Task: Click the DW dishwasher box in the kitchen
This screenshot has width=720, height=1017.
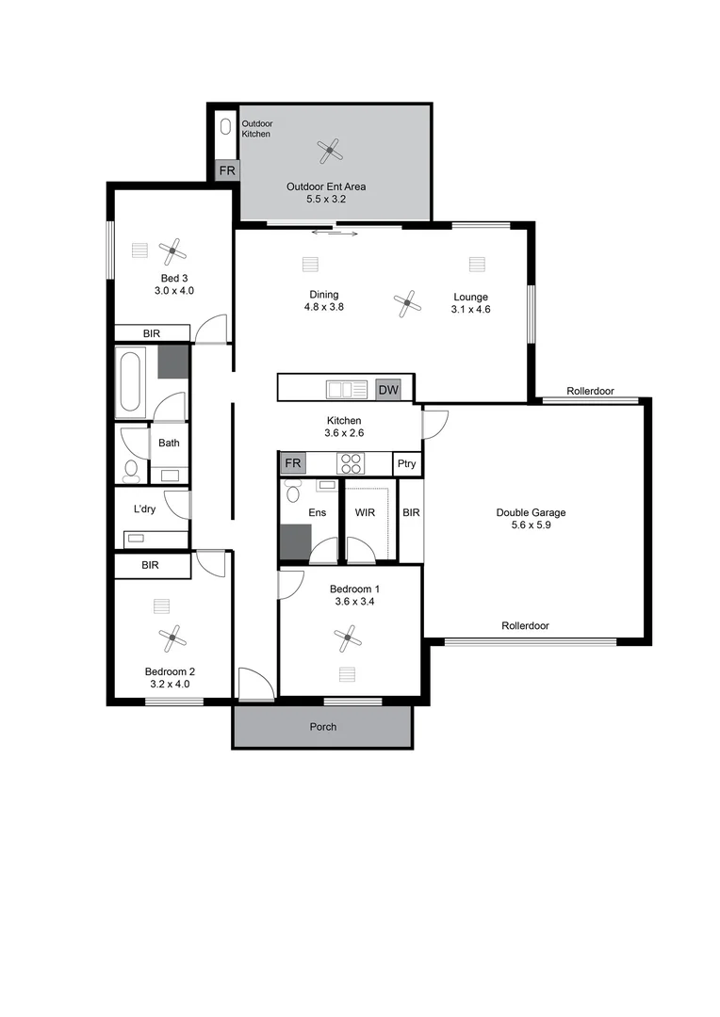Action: tap(387, 389)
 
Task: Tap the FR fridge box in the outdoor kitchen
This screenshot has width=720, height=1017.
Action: tap(227, 171)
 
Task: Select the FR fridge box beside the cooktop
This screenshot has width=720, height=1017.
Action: tap(292, 463)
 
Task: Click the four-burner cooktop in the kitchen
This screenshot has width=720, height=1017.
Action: tap(351, 463)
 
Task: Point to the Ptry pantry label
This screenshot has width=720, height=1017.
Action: tap(406, 464)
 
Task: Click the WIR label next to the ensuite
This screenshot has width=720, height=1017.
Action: tap(366, 513)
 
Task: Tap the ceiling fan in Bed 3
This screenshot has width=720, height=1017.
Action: tap(172, 250)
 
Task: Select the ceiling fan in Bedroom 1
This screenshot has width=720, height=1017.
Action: tap(348, 639)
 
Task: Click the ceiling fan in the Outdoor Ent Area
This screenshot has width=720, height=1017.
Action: tap(328, 148)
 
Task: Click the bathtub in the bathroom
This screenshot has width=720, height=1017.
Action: tap(130, 382)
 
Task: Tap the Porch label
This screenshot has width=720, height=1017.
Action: tap(322, 727)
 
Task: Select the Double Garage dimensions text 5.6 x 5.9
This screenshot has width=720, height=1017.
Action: tap(531, 527)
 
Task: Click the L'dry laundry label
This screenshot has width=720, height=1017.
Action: tap(144, 509)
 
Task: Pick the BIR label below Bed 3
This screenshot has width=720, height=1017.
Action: tap(151, 333)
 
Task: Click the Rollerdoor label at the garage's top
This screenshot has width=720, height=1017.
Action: tap(591, 391)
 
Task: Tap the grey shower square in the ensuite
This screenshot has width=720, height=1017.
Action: tap(295, 543)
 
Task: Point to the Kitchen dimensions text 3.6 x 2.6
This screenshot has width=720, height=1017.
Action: tap(344, 434)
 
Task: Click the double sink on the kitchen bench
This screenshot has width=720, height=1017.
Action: tap(345, 389)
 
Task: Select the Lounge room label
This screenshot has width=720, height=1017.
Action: tap(470, 297)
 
